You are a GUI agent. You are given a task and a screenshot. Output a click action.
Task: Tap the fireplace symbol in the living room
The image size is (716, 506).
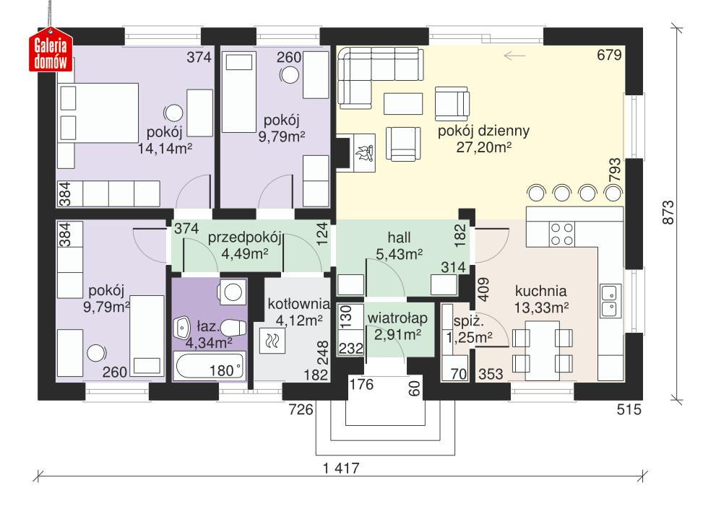[x=365, y=152]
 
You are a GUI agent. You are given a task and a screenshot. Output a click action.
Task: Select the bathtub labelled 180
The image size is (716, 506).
[x=210, y=367]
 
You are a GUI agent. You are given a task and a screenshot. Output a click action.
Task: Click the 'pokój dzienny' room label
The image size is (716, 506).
[x=484, y=131]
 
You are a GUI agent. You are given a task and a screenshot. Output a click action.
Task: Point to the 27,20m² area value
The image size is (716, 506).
[x=484, y=147]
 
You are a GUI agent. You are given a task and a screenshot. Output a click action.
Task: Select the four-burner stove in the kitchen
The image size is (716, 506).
[x=562, y=234]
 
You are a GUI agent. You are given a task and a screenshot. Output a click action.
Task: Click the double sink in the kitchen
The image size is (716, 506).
[x=608, y=301]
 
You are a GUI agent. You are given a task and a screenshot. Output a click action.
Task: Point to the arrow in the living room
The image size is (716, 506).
[x=514, y=55]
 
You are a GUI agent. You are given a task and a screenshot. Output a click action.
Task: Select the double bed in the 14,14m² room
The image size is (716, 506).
[x=98, y=111]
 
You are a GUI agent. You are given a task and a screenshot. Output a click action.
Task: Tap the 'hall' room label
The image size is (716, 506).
[x=399, y=237]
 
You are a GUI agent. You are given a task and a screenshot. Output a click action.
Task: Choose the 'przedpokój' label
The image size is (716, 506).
[x=244, y=237]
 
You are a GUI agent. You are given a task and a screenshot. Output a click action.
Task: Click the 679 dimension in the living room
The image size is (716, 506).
[x=610, y=55]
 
